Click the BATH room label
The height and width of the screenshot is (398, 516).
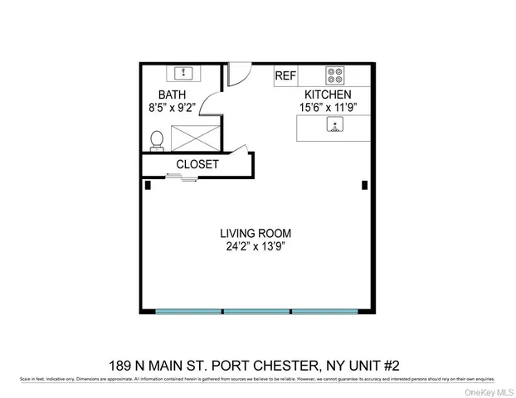coord(173,95)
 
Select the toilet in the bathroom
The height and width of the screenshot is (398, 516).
coord(156,141)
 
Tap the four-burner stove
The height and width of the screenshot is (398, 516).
coord(335,75)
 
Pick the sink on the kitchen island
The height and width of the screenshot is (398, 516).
coord(335,125)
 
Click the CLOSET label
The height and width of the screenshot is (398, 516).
coord(197,164)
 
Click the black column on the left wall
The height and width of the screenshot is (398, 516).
coord(148,186)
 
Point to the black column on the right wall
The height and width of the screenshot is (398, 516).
coord(364,186)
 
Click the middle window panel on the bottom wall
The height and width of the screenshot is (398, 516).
coord(256,311)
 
